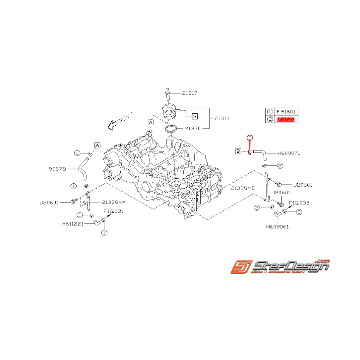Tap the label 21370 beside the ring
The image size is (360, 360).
[192, 128]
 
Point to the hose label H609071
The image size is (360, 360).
[288, 153]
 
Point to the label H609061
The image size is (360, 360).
[277, 227]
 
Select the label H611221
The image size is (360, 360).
[73, 224]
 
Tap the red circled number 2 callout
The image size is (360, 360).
[250, 138]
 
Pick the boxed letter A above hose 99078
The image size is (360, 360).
[97, 145]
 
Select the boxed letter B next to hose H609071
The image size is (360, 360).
[239, 151]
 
